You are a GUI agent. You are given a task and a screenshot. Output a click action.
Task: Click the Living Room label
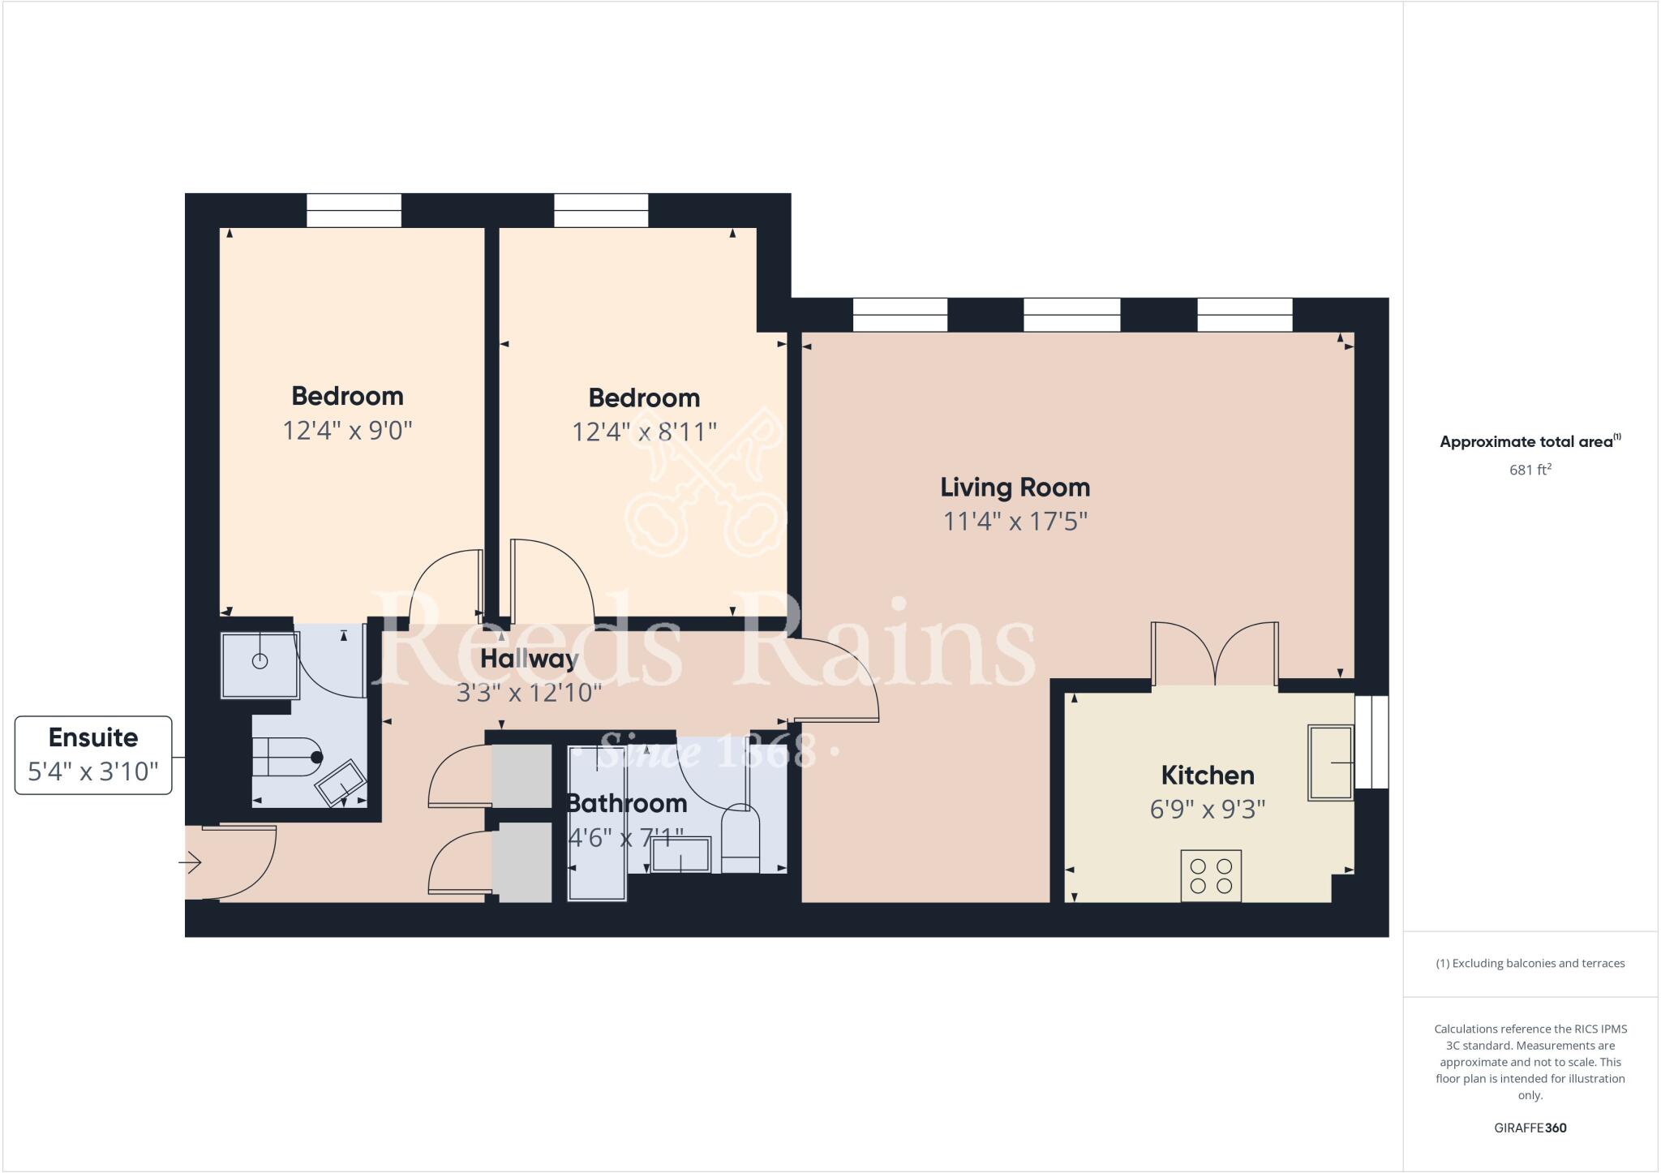click(1015, 488)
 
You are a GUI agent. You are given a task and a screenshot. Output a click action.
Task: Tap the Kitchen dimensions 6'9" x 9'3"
click(1208, 810)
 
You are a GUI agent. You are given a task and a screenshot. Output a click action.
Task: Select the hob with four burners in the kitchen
click(1210, 875)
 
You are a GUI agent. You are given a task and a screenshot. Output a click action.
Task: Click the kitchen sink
click(1331, 763)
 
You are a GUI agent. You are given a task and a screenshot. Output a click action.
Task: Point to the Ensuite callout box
click(93, 754)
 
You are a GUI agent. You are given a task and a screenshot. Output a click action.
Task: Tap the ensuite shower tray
click(260, 664)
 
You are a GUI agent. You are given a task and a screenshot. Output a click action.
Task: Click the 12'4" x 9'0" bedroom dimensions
click(347, 430)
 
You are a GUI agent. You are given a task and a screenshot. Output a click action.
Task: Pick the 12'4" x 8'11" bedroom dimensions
click(644, 432)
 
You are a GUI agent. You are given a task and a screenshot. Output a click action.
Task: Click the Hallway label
click(529, 659)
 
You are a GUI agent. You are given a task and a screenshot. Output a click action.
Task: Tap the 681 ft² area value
click(1530, 470)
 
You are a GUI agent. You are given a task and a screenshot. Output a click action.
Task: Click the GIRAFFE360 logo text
click(1530, 1128)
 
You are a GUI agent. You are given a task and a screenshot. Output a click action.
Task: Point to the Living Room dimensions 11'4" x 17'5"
click(1015, 521)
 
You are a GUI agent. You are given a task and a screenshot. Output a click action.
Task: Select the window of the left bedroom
click(354, 210)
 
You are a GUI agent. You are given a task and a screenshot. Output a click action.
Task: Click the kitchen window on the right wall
click(1371, 741)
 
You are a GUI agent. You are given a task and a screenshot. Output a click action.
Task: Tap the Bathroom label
click(626, 803)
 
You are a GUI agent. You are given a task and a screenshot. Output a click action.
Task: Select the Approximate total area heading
click(1530, 442)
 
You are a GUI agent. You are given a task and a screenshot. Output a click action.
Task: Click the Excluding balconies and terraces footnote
click(1530, 964)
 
